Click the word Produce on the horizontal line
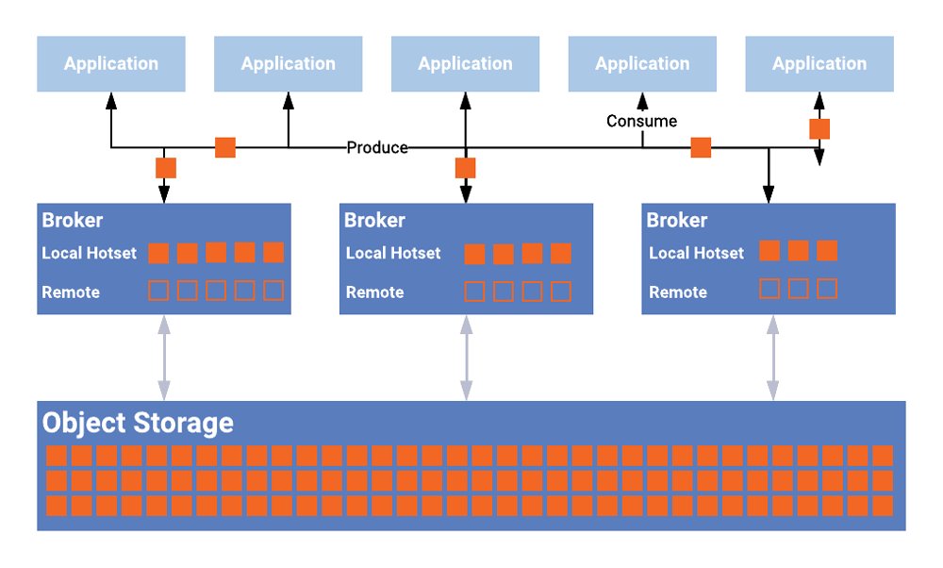pos(377,147)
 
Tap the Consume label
pos(641,121)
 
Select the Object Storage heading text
pos(138,422)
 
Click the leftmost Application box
pos(111,64)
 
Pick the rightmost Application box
pos(819,64)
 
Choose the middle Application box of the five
pos(465,64)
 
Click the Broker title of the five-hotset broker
pos(73,220)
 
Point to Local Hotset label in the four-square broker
pos(393,253)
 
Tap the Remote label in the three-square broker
pos(678,292)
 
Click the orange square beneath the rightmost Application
pos(819,129)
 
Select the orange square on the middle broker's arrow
pos(465,168)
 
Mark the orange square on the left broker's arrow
pos(165,168)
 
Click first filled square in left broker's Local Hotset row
pos(158,253)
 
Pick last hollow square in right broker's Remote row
pos(827,289)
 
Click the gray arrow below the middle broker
pos(466,358)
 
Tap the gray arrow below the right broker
pos(773,358)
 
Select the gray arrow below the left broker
pos(164,358)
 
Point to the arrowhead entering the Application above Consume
pos(642,98)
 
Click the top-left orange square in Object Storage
pos(57,456)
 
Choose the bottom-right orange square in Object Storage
pos(883,506)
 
